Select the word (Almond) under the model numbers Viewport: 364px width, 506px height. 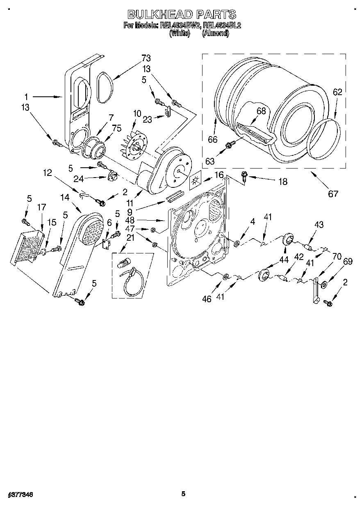pyautogui.click(x=215, y=34)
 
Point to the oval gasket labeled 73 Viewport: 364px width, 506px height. pyautogui.click(x=105, y=87)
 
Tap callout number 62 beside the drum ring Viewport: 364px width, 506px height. pyautogui.click(x=337, y=92)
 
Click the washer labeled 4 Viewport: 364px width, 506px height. pyautogui.click(x=237, y=244)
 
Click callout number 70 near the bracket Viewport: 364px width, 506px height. pyautogui.click(x=337, y=257)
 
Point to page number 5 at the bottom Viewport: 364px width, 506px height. pyautogui.click(x=183, y=494)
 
